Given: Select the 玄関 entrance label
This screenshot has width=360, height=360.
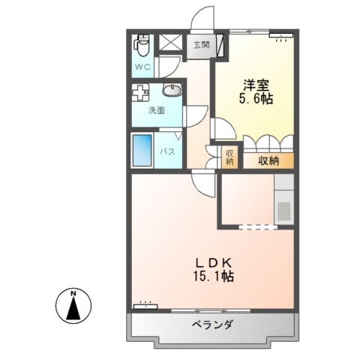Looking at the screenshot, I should click(200, 45).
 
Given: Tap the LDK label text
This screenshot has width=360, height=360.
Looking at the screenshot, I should click(216, 262).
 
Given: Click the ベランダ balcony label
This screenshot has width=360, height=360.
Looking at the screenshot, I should click(211, 325).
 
